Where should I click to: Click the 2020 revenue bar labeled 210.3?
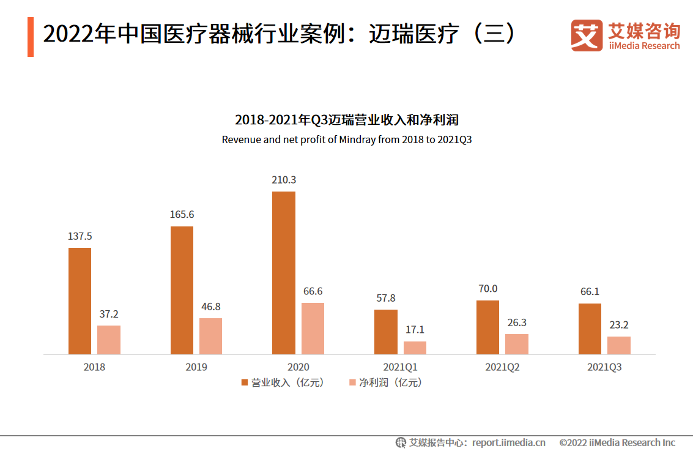click(283, 273)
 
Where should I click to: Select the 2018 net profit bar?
click(109, 340)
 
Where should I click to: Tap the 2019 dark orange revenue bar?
click(182, 290)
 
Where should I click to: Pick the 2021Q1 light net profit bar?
click(415, 348)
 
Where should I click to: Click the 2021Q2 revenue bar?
click(487, 327)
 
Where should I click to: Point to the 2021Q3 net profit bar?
click(618, 345)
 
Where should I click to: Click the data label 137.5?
click(80, 236)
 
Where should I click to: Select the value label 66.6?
click(313, 291)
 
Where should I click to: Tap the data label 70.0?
click(487, 289)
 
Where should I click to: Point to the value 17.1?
click(415, 330)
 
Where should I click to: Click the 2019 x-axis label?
click(196, 367)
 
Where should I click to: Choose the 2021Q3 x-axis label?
click(604, 367)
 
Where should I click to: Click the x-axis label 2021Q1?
click(400, 367)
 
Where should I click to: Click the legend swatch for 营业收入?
click(245, 382)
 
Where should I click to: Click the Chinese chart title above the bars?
click(347, 119)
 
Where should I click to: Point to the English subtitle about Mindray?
click(347, 140)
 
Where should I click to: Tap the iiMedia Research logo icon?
click(587, 35)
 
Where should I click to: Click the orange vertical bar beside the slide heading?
click(31, 37)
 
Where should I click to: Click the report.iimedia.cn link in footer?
click(508, 442)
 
